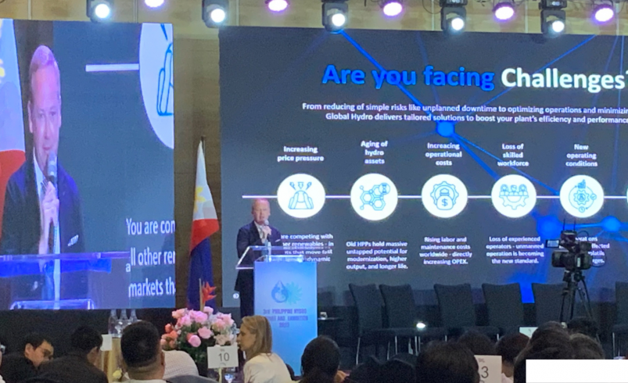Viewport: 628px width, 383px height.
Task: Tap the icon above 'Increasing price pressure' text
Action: [x=301, y=195]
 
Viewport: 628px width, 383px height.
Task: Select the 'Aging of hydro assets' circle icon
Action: [x=374, y=195]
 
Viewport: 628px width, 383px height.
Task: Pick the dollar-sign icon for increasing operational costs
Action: [x=444, y=195]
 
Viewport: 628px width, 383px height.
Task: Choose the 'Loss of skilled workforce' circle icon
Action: [x=513, y=195]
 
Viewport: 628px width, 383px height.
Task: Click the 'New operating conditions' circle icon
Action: [x=582, y=195]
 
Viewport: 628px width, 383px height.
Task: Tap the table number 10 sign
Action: [x=222, y=356]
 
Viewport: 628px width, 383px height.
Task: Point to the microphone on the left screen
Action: [x=52, y=168]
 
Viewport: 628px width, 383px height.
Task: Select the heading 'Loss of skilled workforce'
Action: [x=513, y=154]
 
